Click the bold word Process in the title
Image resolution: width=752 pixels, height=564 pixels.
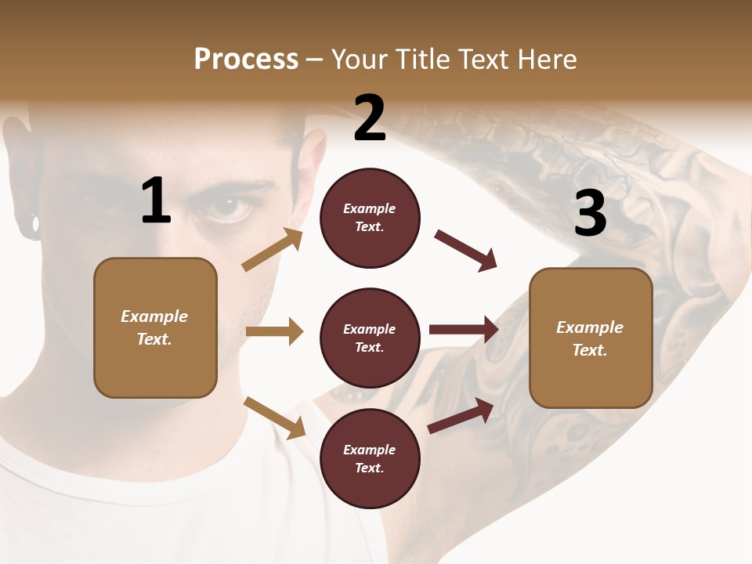tap(246, 60)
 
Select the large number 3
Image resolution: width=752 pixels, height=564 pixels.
tap(590, 213)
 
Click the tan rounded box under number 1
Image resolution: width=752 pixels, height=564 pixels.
tap(155, 327)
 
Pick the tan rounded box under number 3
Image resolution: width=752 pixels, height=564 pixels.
tap(591, 338)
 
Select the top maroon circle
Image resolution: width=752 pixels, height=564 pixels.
tap(370, 218)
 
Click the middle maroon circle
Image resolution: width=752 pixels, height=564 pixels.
tap(370, 338)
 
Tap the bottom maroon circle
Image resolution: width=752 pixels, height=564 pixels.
tap(370, 458)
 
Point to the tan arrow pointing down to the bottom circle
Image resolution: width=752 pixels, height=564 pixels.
tap(274, 418)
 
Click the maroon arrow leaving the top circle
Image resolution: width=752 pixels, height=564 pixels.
tap(466, 251)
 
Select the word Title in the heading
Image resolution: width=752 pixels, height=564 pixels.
tap(424, 60)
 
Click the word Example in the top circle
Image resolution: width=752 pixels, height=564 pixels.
tap(370, 208)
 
